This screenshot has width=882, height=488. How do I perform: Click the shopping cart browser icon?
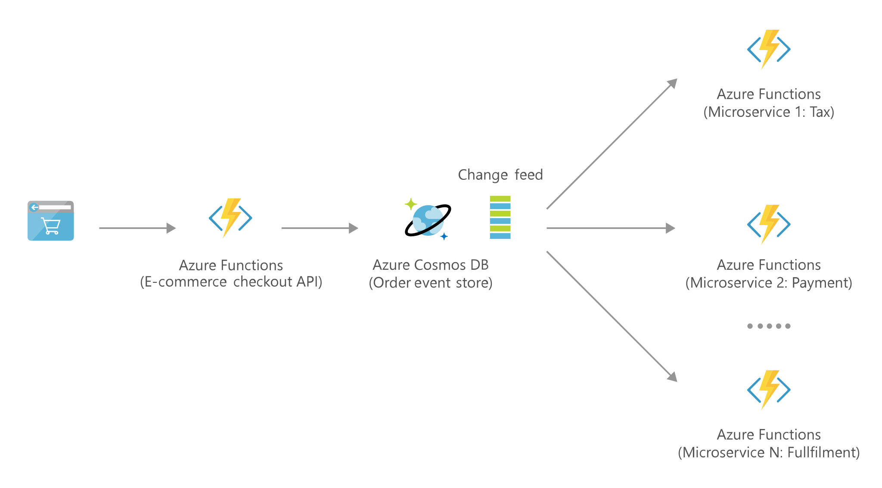pos(51,221)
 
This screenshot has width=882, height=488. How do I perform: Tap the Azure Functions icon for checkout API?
pos(230,218)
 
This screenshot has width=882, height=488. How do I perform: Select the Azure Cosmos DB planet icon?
pos(428,220)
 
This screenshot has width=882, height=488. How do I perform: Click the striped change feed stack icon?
pos(500,217)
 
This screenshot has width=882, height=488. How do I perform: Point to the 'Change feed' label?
pos(500,175)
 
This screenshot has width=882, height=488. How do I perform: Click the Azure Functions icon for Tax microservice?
pos(769,49)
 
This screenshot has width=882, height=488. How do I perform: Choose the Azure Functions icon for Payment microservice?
pos(769,224)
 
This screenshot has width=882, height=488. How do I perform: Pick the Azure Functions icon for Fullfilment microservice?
pos(769,390)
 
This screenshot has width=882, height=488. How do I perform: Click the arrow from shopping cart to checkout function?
pos(137,228)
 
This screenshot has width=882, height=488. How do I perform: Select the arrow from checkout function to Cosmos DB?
pos(320,228)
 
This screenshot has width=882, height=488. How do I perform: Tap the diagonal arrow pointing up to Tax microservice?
pos(612,144)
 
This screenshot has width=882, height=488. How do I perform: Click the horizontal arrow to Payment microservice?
pos(610,228)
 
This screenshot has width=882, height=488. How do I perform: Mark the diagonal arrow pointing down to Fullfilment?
pos(612,316)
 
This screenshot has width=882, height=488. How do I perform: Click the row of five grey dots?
pos(769,326)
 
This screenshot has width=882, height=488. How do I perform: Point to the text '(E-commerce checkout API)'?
pos(231,282)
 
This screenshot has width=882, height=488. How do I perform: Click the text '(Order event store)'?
pos(431,283)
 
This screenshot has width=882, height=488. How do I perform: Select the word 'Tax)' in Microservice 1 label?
pos(822,112)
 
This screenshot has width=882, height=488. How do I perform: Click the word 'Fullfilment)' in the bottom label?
pos(823,453)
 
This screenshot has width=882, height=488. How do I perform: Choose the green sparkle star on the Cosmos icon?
pos(410,204)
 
